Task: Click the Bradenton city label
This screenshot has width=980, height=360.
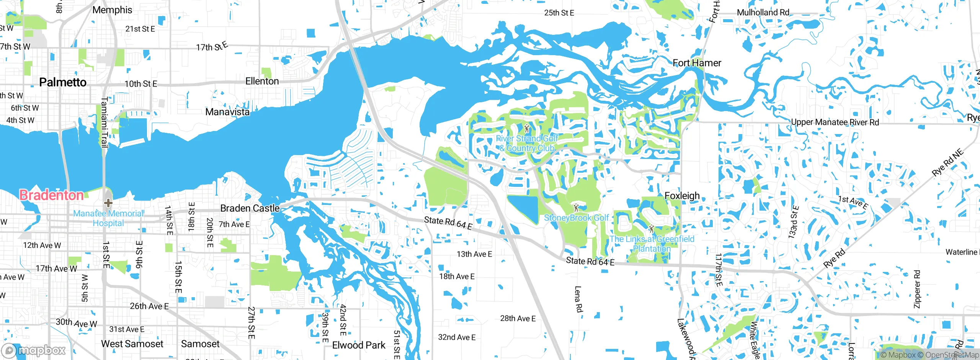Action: coord(51,195)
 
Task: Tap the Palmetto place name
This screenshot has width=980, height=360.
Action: coord(63,82)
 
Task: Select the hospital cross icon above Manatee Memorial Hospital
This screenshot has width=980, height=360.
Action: coord(108,203)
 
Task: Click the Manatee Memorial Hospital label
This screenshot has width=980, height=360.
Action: coord(108,218)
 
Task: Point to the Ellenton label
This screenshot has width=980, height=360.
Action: coord(262,81)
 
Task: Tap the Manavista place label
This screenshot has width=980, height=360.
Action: coord(227,112)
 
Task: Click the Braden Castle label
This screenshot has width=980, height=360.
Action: coord(250,208)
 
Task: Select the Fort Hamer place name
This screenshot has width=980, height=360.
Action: coord(697,63)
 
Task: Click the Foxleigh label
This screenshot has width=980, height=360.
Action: coord(682,196)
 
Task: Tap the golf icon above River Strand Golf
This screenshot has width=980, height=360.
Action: coord(527,128)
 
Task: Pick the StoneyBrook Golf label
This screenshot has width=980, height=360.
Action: coord(576,218)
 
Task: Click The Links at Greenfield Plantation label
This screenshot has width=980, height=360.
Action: coord(652,244)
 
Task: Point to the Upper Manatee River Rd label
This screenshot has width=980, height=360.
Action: coord(835,122)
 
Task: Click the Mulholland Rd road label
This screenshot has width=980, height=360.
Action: coord(763,12)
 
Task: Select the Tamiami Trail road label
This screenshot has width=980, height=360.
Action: coord(104,122)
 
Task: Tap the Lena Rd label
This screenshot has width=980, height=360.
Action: coord(578,299)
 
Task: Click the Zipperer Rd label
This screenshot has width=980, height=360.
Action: coord(917,289)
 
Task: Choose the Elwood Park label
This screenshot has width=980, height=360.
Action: coord(359,345)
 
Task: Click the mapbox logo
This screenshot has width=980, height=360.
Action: coord(34,350)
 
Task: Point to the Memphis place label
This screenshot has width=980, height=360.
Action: coord(112,10)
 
